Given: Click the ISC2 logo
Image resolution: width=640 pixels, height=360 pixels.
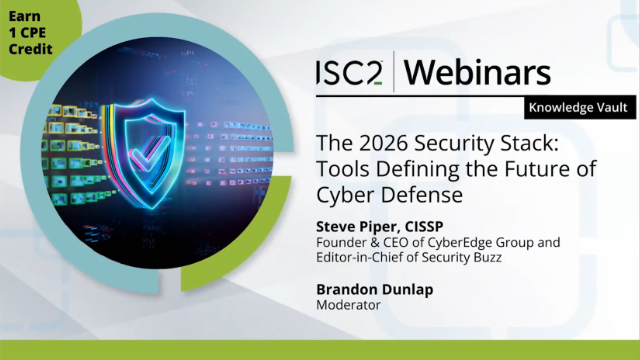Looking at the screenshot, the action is coord(350,73).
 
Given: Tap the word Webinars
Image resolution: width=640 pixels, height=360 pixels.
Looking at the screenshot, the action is coord(477,73).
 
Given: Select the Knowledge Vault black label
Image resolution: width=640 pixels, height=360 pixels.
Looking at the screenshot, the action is coord(580,107).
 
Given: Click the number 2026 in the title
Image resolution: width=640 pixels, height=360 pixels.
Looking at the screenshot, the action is coord(384,143).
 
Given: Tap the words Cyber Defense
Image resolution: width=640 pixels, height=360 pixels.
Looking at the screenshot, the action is coord(389,195).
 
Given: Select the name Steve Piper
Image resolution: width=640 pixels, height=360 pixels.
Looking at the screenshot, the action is coord(355,226).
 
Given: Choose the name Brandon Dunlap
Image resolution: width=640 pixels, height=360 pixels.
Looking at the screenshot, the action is coord(375,289).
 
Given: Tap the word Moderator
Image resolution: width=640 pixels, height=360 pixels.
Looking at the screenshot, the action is coord(348,304).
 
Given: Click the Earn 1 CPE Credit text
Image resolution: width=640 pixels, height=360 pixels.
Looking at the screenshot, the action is coord(30,33).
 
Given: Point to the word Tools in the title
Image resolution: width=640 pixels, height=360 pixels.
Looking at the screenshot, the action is coord(343,169).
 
